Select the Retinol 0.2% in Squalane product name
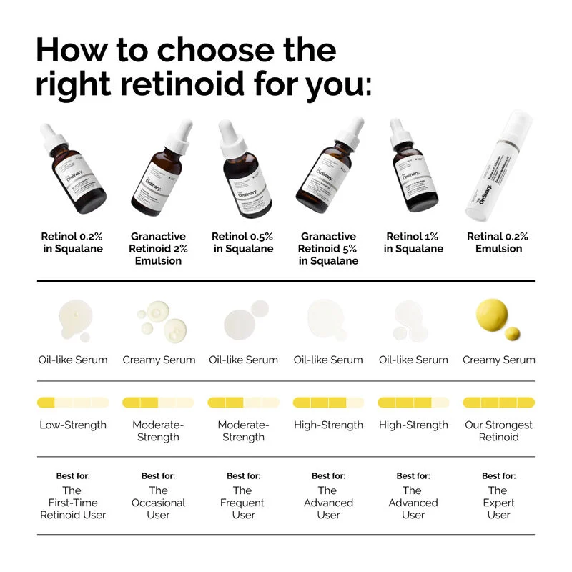(x=71, y=242)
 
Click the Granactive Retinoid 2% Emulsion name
(x=158, y=248)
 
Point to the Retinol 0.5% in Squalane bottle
(x=240, y=172)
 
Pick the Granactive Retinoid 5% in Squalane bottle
(x=327, y=172)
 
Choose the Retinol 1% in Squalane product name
(x=413, y=242)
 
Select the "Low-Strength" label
(x=73, y=425)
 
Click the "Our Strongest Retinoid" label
(x=498, y=430)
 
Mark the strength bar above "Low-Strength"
(x=73, y=403)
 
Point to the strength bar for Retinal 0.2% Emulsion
(x=498, y=403)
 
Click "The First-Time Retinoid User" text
(x=73, y=503)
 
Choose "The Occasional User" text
(x=158, y=503)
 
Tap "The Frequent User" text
(x=243, y=503)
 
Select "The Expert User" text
(x=498, y=503)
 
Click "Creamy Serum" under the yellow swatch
(x=498, y=360)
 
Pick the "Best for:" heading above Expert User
(x=498, y=475)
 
